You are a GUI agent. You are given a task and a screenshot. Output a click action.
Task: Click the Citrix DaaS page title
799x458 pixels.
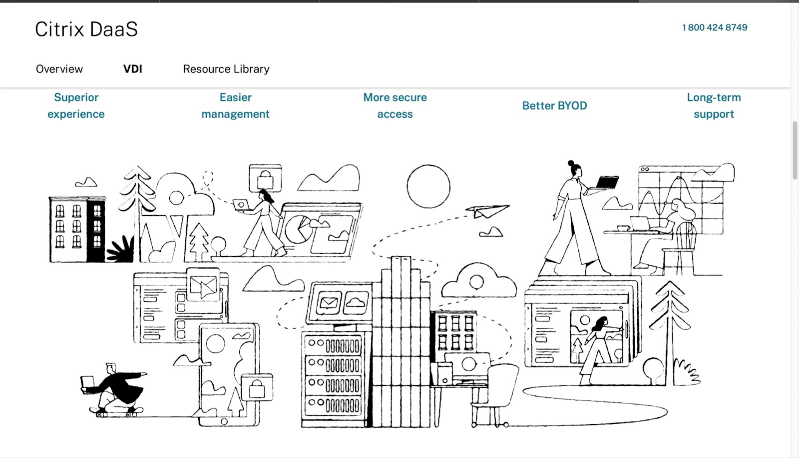[86, 29]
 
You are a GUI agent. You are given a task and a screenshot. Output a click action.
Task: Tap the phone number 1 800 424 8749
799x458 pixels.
[715, 27]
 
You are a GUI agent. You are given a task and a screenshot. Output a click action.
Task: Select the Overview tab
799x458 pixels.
[59, 69]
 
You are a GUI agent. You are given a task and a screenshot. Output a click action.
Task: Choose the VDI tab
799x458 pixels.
[133, 69]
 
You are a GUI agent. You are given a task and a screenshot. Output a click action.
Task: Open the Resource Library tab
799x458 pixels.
[226, 69]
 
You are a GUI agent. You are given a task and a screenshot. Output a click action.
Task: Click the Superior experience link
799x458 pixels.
[76, 105]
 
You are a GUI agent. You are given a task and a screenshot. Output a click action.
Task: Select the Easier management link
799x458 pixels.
[235, 105]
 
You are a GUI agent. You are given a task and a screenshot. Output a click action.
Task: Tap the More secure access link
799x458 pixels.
[395, 105]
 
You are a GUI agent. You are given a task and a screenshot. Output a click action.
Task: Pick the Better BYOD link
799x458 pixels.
[554, 105]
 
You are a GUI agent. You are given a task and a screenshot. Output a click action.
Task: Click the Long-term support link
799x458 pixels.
[714, 105]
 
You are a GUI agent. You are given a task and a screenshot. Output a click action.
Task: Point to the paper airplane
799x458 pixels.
[486, 211]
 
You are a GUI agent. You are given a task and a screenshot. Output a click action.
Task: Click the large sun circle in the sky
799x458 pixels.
[428, 186]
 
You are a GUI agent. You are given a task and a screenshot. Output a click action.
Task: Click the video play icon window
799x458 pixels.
[203, 285]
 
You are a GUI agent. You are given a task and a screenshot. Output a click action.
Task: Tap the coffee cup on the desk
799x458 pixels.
[623, 228]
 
